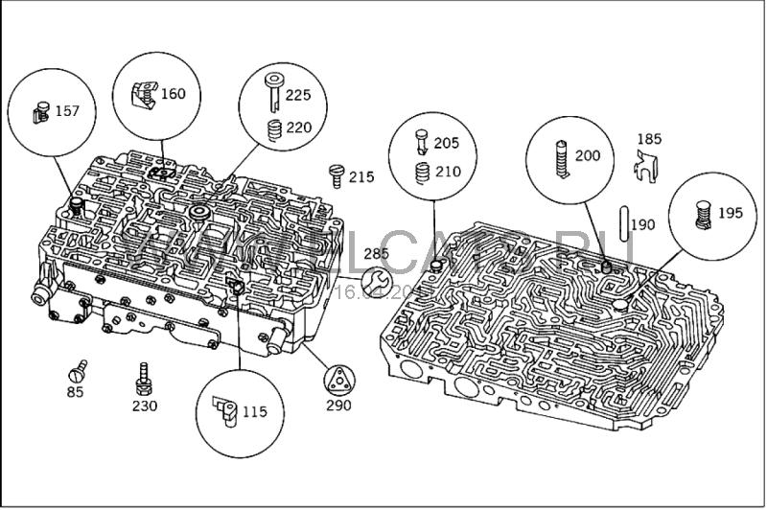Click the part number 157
[67, 111]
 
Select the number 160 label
[174, 94]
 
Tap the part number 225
[299, 96]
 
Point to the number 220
[299, 127]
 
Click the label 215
[361, 176]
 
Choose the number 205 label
[447, 143]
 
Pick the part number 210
[447, 173]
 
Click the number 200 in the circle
[588, 156]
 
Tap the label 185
[650, 139]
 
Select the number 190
[643, 225]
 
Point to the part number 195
[730, 213]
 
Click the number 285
[377, 254]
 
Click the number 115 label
[254, 412]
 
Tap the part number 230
[144, 405]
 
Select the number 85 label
[75, 392]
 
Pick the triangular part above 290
[338, 380]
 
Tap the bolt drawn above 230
[144, 378]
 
